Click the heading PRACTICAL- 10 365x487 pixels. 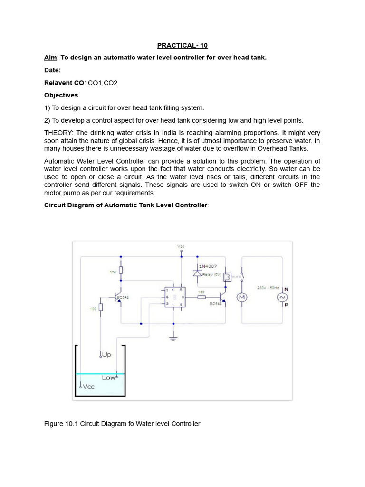pyautogui.click(x=182, y=46)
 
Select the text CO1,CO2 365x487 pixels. pyautogui.click(x=103, y=83)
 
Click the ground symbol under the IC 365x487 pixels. pyautogui.click(x=173, y=339)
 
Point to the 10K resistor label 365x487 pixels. pyautogui.click(x=113, y=272)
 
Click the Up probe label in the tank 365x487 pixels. pyautogui.click(x=106, y=355)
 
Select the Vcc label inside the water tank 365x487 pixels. pyautogui.click(x=88, y=387)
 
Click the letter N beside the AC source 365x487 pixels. pyautogui.click(x=286, y=289)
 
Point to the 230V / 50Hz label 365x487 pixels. pyautogui.click(x=268, y=288)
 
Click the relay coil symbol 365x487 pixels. pyautogui.click(x=228, y=276)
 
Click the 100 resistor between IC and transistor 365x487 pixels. pyautogui.click(x=202, y=297)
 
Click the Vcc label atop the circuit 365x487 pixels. pyautogui.click(x=181, y=246)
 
